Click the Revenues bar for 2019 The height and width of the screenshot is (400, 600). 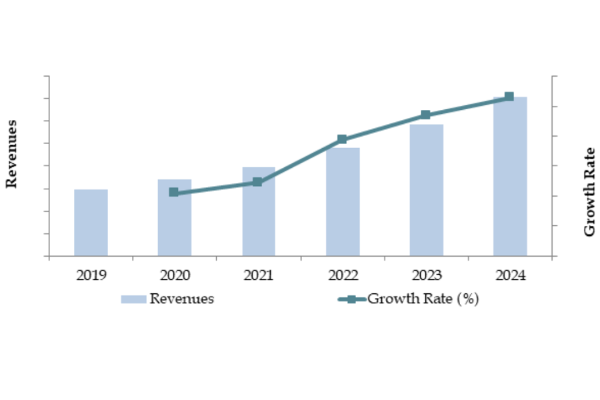(91, 223)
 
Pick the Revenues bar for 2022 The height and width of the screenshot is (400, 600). (343, 202)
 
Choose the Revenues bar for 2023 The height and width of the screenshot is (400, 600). (427, 190)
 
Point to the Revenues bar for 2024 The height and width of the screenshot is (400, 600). (510, 177)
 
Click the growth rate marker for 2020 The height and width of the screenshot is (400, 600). (174, 192)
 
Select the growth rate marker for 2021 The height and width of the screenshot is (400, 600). (257, 181)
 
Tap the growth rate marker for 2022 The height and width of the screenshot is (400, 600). (342, 139)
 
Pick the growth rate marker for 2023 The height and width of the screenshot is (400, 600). (425, 115)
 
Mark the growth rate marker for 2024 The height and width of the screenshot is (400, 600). (509, 97)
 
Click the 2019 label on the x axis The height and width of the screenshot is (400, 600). (91, 275)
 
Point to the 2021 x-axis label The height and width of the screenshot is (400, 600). (259, 275)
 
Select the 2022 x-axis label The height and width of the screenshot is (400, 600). (343, 275)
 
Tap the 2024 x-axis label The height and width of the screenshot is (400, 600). (510, 275)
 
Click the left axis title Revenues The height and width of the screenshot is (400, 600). (12, 154)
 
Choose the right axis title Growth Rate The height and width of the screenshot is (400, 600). (589, 192)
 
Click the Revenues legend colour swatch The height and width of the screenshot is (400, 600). (133, 299)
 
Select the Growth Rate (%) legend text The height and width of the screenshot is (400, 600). (423, 299)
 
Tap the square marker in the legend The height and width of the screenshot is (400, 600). (352, 299)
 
